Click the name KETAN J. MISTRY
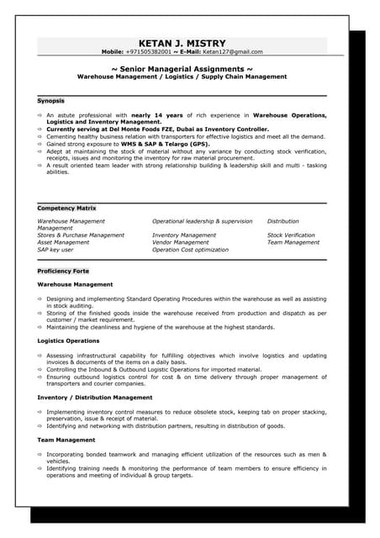tap(182, 40)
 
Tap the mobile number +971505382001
tap(150, 51)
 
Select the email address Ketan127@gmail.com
tap(232, 51)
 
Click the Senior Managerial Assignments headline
tap(182, 68)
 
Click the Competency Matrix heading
tap(66, 208)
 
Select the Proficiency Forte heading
tap(63, 272)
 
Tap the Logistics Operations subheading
tap(68, 340)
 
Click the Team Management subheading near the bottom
tap(66, 440)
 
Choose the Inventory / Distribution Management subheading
tap(95, 397)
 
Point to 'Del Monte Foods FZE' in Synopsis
tap(147, 129)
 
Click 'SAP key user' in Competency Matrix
tap(55, 250)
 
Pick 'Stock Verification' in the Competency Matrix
tap(291, 235)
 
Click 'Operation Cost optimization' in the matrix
tap(190, 250)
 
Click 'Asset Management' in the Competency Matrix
tap(63, 242)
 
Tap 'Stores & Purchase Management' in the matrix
tap(81, 235)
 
